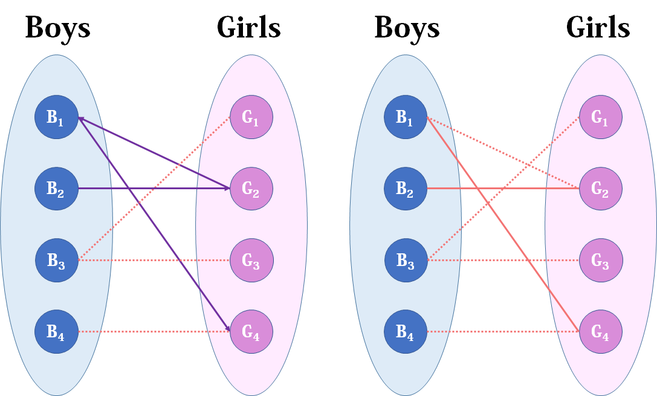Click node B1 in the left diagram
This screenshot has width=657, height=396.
click(x=56, y=118)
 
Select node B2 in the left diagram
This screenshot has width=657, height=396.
click(x=56, y=189)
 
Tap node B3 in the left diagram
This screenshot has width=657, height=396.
click(x=56, y=261)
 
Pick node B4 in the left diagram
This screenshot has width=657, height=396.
click(x=56, y=332)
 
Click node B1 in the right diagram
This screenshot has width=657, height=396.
click(x=406, y=118)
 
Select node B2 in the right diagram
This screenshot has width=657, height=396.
click(x=406, y=189)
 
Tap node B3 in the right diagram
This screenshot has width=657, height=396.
click(x=406, y=261)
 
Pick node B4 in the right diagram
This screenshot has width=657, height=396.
click(x=406, y=332)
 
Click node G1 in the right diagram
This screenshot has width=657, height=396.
click(x=601, y=118)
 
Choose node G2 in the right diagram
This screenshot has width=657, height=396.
click(x=601, y=189)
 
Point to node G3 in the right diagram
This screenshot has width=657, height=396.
click(x=601, y=261)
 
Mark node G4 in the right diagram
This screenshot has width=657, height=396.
click(x=601, y=332)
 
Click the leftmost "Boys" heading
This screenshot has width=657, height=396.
click(x=57, y=28)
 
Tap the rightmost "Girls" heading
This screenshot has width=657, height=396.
click(x=598, y=28)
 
